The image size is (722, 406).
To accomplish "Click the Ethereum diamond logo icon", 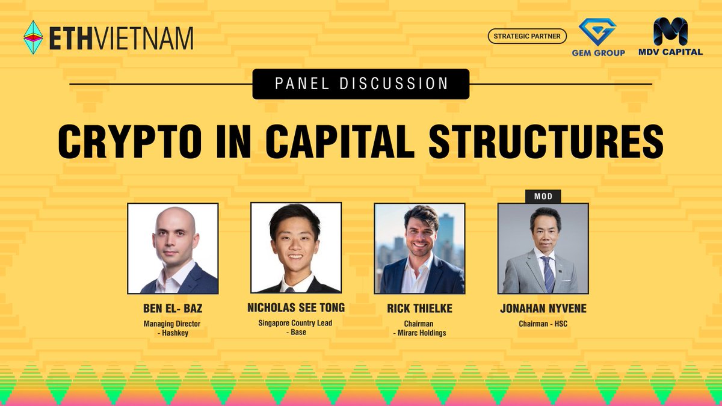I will tap(33, 37).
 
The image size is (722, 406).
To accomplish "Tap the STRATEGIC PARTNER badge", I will tap(527, 37).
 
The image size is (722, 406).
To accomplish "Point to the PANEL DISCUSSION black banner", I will tap(361, 84).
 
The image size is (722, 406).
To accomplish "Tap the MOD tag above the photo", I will tap(543, 196).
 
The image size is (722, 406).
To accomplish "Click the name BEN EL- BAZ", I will tap(173, 309).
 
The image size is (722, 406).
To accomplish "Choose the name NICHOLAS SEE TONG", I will tap(296, 308).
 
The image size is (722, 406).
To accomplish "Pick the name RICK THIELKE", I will tap(419, 309).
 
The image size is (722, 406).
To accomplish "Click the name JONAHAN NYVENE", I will tap(543, 309).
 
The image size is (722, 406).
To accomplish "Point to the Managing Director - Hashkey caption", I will tap(173, 328).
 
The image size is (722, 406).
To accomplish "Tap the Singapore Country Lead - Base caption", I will tap(296, 328).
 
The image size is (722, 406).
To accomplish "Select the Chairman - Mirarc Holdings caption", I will tap(419, 328).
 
